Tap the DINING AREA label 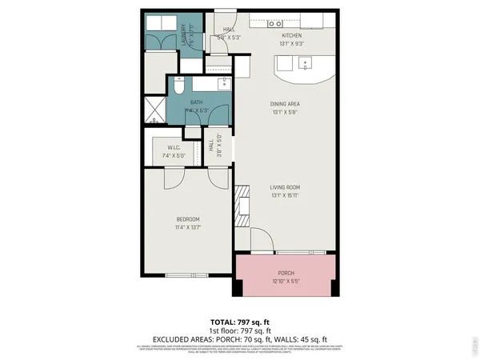(x=285, y=103)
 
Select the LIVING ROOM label (x=285, y=187)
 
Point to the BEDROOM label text (x=187, y=219)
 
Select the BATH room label (x=197, y=102)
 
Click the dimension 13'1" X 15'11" (x=285, y=194)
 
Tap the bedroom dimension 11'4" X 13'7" (x=187, y=227)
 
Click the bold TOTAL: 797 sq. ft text (x=240, y=321)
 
